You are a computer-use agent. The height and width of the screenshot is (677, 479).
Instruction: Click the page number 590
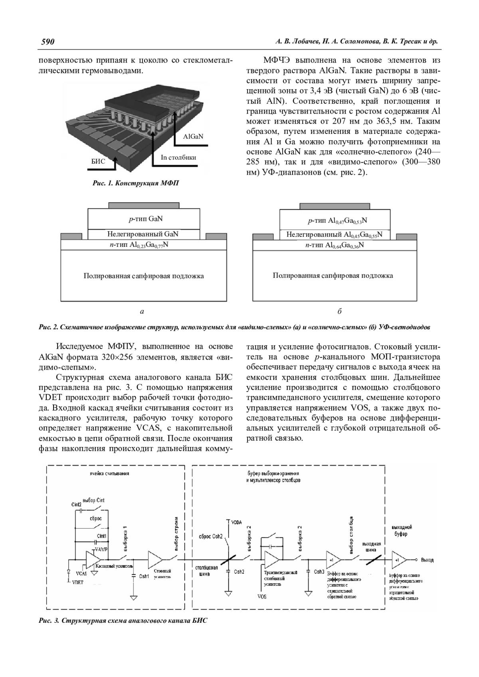pyautogui.click(x=48, y=42)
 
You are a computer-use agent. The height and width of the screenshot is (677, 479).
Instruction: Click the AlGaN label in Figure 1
pyautogui.click(x=193, y=136)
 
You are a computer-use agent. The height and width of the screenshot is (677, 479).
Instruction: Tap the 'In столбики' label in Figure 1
pyautogui.click(x=178, y=157)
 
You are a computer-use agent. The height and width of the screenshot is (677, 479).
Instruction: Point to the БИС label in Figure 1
pyautogui.click(x=98, y=161)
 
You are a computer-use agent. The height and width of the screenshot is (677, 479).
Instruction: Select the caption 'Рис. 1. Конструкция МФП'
pyautogui.click(x=136, y=183)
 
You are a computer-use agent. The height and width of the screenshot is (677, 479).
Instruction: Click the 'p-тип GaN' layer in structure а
pyautogui.click(x=143, y=219)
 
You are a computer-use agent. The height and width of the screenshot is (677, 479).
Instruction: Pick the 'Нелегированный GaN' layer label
pyautogui.click(x=143, y=234)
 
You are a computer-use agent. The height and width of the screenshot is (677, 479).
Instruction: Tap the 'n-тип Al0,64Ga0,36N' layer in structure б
pyautogui.click(x=335, y=245)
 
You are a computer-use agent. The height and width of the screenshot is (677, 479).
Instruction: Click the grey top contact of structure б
pyautogui.click(x=335, y=206)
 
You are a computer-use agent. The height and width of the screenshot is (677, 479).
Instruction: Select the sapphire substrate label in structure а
pyautogui.click(x=143, y=276)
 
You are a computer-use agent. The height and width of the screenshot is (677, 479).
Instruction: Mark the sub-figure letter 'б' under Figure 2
pyautogui.click(x=339, y=311)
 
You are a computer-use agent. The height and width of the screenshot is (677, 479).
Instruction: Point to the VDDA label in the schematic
pyautogui.click(x=237, y=522)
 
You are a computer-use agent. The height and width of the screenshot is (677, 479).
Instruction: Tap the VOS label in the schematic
pyautogui.click(x=262, y=597)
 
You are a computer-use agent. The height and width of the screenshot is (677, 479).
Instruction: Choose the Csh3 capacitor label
pyautogui.click(x=319, y=572)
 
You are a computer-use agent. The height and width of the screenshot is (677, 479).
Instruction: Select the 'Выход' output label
pyautogui.click(x=427, y=560)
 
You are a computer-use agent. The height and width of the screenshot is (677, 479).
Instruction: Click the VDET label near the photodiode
pyautogui.click(x=78, y=583)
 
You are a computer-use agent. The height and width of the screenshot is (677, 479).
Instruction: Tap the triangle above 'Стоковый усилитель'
pyautogui.click(x=154, y=560)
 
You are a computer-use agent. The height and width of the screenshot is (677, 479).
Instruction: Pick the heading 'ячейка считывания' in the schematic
pyautogui.click(x=109, y=474)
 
